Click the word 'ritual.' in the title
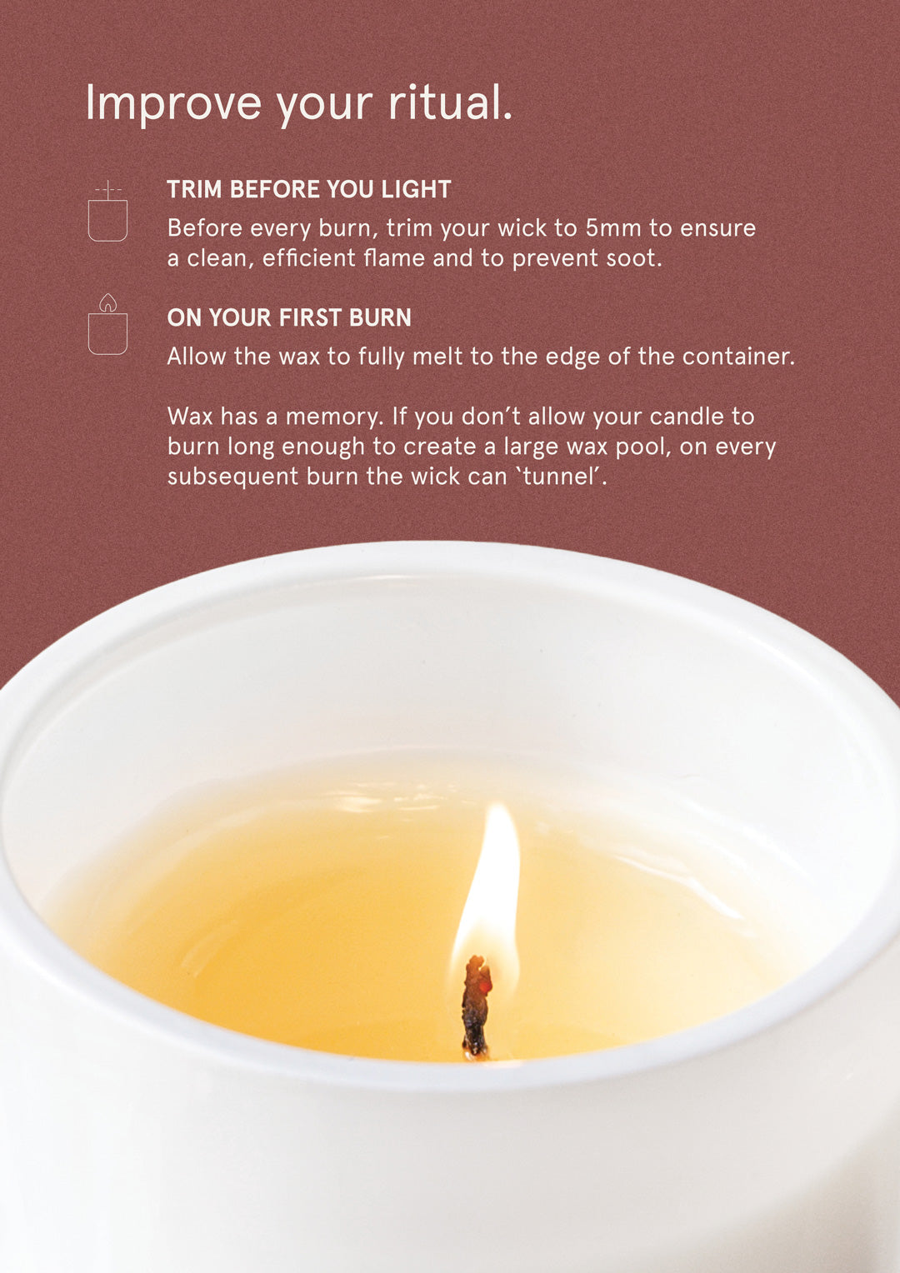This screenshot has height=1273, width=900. pos(450,102)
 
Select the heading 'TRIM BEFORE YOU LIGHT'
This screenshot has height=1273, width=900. pos(309,189)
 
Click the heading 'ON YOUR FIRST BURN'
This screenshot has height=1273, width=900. pos(289,317)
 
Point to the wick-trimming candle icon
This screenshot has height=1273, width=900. pos(107,211)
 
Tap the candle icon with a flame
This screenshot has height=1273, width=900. pos(107,325)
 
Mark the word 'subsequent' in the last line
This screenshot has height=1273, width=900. pos(232,477)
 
